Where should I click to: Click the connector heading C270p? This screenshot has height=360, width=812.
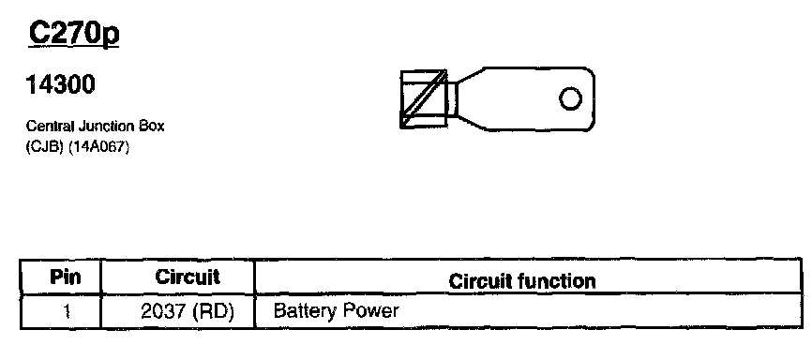click(x=74, y=34)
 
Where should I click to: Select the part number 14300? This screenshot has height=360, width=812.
click(x=61, y=85)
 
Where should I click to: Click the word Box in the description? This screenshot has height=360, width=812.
click(x=151, y=127)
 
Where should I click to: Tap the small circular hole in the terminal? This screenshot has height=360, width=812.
click(x=570, y=98)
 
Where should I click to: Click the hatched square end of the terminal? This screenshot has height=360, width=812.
click(x=424, y=99)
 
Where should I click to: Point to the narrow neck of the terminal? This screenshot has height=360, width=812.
click(x=453, y=99)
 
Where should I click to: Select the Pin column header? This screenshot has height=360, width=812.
click(x=66, y=277)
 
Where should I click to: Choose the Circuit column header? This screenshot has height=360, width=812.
click(x=188, y=277)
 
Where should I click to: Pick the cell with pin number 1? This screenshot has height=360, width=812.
click(x=66, y=312)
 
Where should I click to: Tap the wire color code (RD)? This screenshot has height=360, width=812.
click(x=214, y=312)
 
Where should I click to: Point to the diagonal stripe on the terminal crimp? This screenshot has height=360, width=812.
click(x=424, y=97)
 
